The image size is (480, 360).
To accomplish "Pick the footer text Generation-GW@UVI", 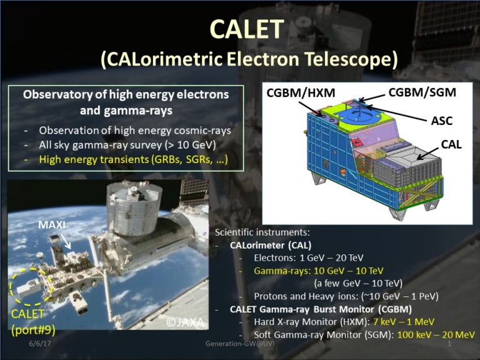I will [240, 344].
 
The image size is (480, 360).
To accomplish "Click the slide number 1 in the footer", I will [449, 344].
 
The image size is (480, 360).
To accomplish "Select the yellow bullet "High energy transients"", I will [132, 160].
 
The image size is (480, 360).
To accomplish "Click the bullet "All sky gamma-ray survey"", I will [127, 146].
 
